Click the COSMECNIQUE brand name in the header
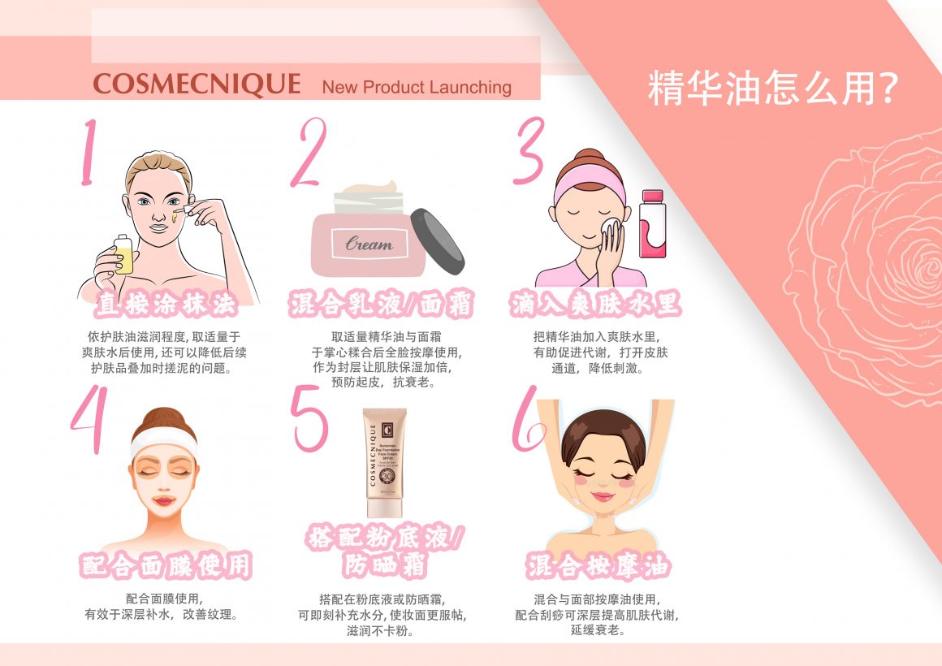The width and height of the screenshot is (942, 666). coord(197,84)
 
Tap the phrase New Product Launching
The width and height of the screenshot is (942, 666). coord(417,87)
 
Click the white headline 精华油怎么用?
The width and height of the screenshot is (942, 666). coord(772,89)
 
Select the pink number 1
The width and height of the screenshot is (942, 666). coord(89,152)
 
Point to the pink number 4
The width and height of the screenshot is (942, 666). coord(89,419)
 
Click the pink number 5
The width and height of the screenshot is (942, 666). coord(309,418)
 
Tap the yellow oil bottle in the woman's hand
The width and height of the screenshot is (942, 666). coord(123,254)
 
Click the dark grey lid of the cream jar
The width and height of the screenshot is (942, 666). coord(438,241)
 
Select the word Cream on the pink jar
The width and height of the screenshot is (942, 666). coord(369,243)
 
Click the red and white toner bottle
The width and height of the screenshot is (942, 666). coord(652,223)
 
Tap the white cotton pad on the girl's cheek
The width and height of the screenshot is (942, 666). coord(611,230)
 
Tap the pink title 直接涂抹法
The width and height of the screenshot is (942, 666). coord(166,304)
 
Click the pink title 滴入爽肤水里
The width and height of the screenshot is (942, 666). coord(594,304)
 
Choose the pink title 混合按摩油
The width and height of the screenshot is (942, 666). coord(597,565)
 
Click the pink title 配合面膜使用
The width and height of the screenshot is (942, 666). coord(165,565)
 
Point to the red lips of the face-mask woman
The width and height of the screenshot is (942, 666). coord(163,500)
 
